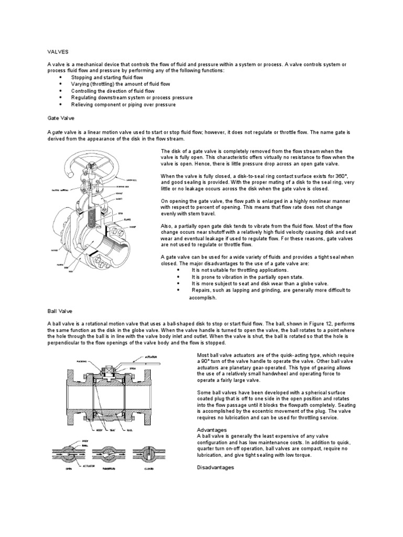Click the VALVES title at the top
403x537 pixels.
58,51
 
